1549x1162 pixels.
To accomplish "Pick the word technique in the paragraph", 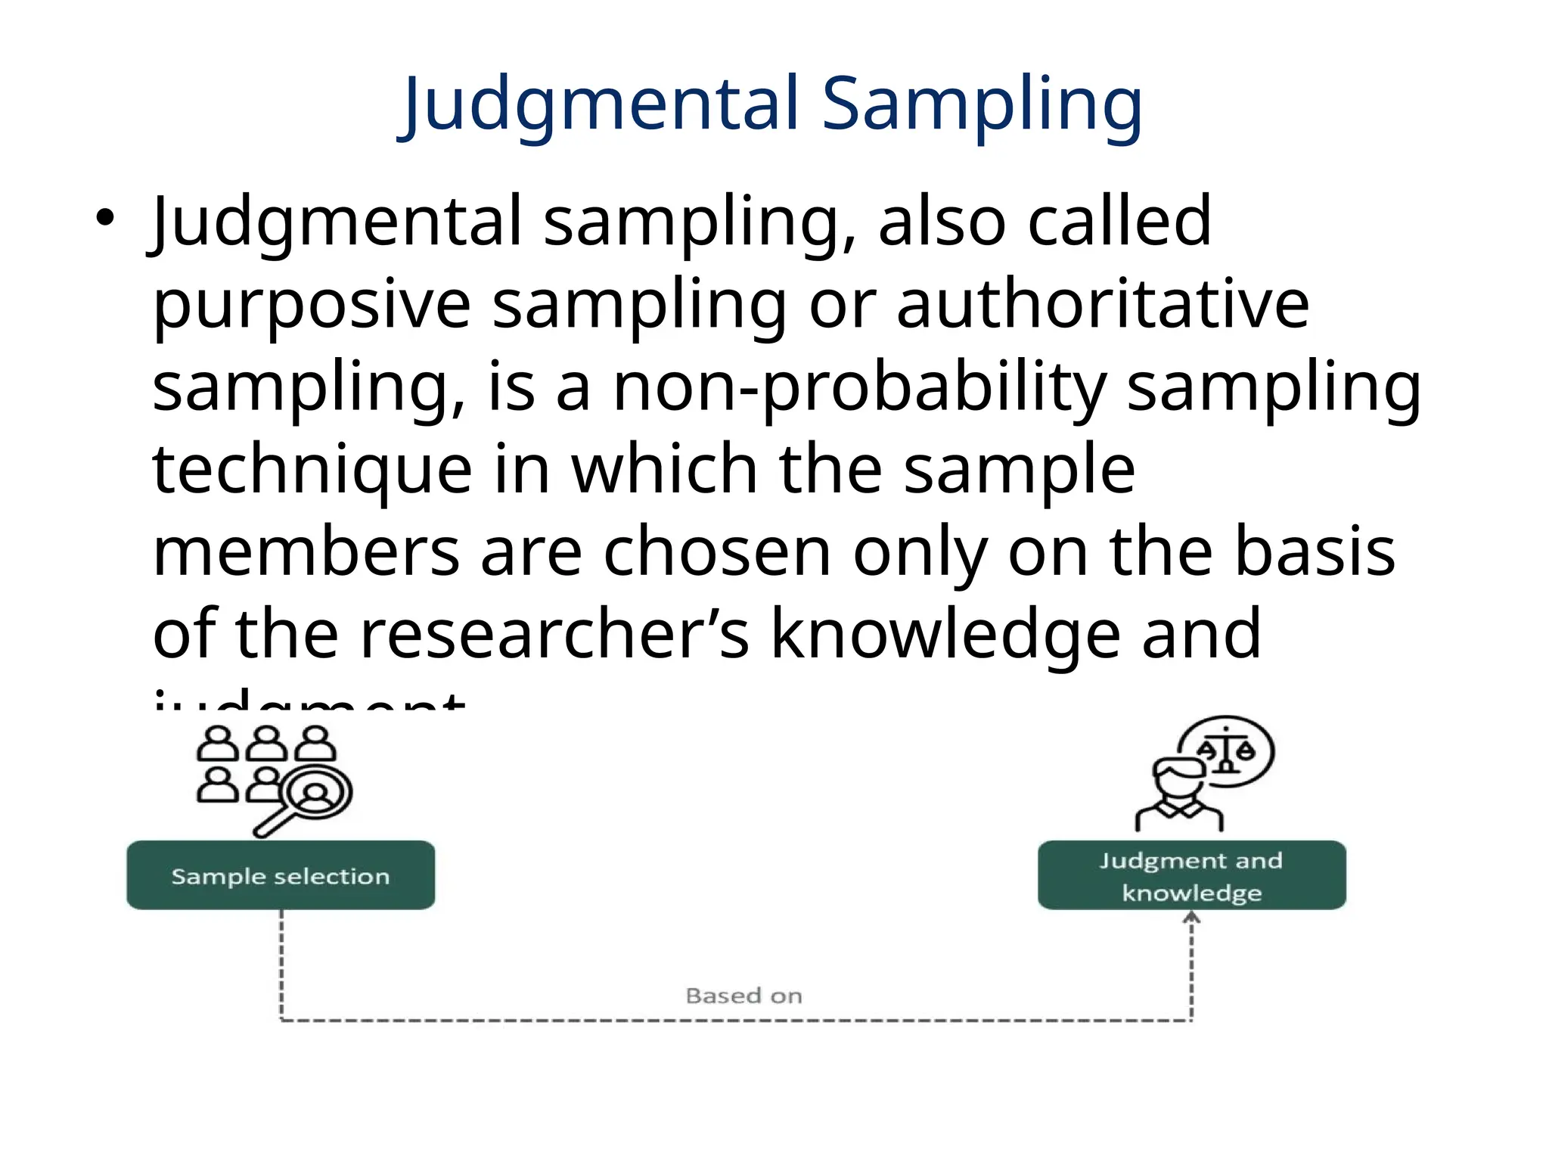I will click(312, 470).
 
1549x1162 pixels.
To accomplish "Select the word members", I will click(306, 552).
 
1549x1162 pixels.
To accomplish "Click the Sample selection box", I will click(281, 875).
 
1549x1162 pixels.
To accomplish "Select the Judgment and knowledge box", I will click(1191, 875).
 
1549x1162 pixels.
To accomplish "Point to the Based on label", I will click(743, 996).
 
